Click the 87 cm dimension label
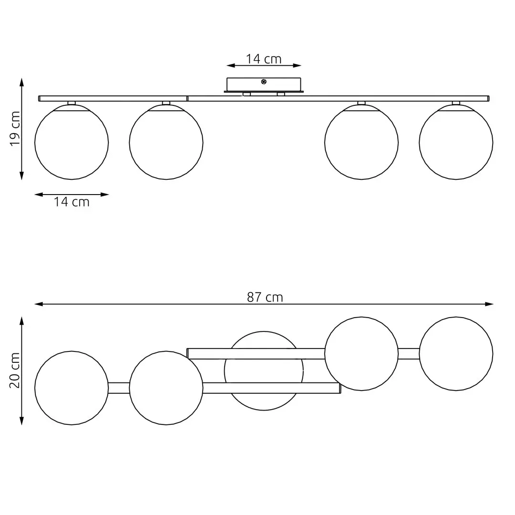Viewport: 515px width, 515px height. point(265,297)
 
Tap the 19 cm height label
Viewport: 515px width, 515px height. point(15,129)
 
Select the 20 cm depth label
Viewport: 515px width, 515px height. point(15,371)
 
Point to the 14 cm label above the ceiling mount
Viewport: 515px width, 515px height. point(264,59)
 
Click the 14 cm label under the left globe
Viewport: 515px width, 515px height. point(72,202)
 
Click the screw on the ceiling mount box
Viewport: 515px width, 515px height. point(264,82)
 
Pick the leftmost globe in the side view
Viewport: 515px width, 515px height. point(72,142)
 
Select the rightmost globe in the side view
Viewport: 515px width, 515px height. point(456,142)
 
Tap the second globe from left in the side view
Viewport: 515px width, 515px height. point(166,142)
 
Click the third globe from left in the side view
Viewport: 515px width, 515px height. point(361,142)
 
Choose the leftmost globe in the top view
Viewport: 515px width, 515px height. point(72,388)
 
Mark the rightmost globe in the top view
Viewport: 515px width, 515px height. point(456,354)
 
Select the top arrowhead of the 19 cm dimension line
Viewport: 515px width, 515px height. point(21,82)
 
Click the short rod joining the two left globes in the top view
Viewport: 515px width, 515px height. point(119,388)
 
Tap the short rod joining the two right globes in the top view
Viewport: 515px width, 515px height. point(409,354)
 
